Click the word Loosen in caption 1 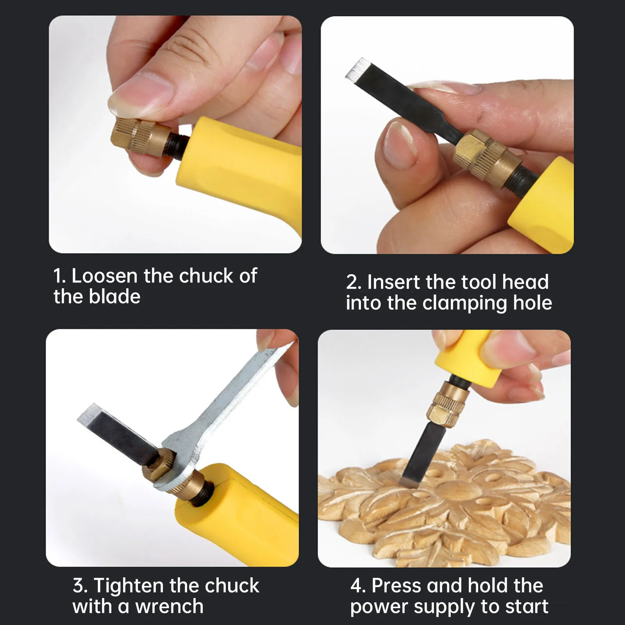(104, 276)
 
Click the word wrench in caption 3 (169, 607)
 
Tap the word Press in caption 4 (396, 586)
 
